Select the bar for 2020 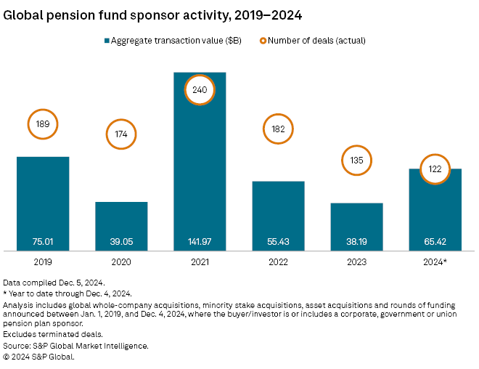click(x=121, y=222)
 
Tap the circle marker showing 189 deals click(x=43, y=124)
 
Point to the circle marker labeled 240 click(x=200, y=91)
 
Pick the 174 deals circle click(x=121, y=134)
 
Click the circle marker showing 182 click(x=278, y=129)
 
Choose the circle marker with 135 click(x=356, y=159)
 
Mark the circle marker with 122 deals click(x=435, y=169)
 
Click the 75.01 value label click(x=43, y=241)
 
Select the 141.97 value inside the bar click(x=200, y=241)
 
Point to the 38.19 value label click(x=356, y=241)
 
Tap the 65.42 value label click(x=435, y=241)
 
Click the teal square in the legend click(x=109, y=41)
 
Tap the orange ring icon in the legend click(x=263, y=41)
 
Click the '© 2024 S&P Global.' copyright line click(x=39, y=356)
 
